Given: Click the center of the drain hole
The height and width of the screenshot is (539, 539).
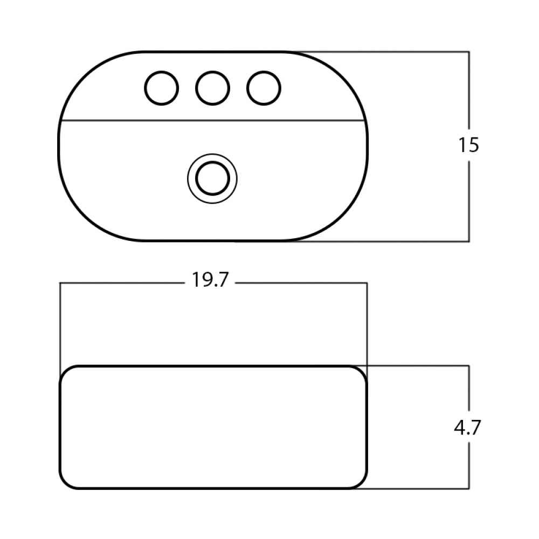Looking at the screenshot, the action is point(212,178).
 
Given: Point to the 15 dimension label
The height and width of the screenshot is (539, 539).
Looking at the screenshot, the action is point(468,144).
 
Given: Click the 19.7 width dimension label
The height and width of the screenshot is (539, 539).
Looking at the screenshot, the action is point(210,279).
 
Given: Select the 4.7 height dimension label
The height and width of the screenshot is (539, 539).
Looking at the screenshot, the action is point(467,427).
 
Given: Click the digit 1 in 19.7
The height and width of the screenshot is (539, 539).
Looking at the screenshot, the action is point(195,279).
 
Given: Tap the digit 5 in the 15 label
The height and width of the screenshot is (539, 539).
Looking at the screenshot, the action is point(473,144).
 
